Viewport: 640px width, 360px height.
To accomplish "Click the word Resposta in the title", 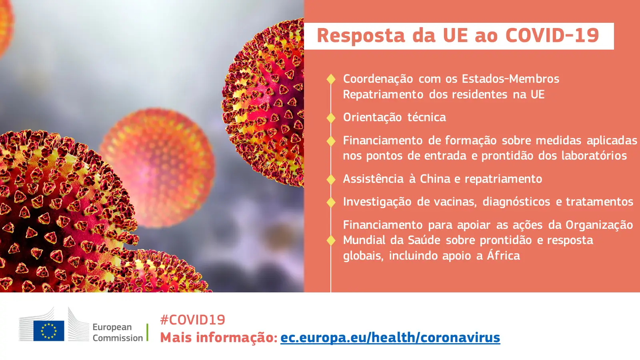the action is click(361, 36).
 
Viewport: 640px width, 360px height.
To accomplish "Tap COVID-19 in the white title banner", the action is click(552, 36).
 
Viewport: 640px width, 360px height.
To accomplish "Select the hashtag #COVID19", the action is click(192, 320).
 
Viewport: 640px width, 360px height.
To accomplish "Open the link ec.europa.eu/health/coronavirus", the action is click(390, 338).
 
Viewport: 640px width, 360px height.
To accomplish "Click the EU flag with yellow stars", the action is click(48, 331).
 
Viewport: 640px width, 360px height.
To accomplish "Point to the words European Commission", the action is click(118, 332).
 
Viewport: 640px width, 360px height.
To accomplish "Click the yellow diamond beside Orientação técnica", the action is click(331, 118).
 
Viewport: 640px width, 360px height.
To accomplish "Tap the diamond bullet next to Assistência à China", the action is click(331, 180).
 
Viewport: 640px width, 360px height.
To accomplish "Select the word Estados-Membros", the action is click(510, 79).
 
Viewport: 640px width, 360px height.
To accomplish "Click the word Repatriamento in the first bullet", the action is click(383, 94).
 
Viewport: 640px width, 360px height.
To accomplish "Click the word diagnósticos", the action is click(516, 202).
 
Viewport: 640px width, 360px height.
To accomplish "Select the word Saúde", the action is click(424, 240).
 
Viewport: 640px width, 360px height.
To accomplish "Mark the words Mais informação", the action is click(219, 338).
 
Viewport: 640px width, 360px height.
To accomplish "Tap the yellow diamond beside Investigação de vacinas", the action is click(331, 202).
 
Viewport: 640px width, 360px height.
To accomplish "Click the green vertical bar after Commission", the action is click(148, 332).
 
